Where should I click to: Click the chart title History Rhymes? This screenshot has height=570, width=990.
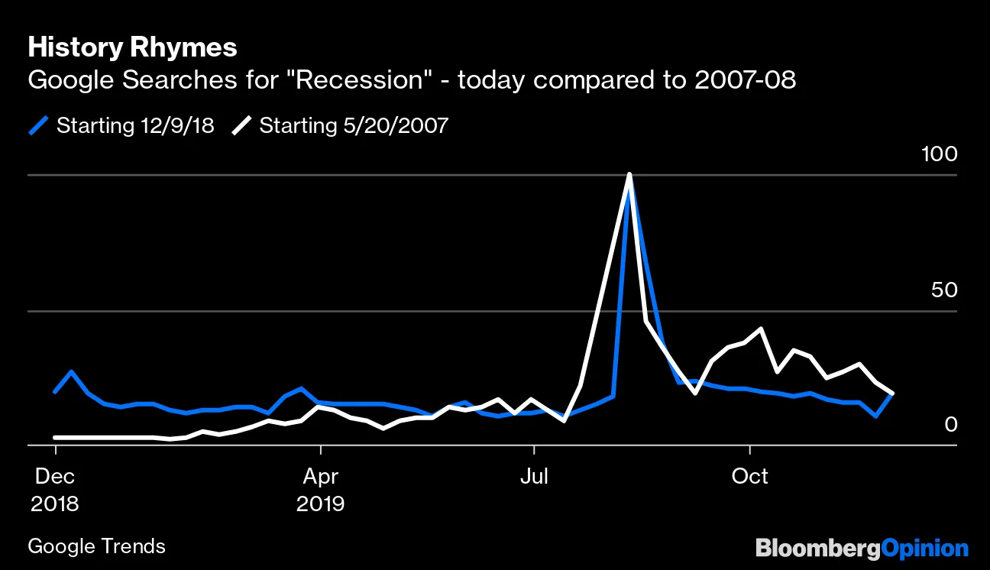tap(132, 48)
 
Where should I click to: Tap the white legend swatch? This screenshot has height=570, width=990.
tap(242, 125)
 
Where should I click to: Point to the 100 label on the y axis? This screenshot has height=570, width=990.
tap(939, 155)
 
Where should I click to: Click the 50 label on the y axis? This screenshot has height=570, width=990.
tap(943, 291)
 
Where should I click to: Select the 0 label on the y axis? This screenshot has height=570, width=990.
tap(950, 424)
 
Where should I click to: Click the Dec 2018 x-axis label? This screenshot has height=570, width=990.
tap(56, 490)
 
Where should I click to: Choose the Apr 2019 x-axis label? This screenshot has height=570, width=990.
tap(321, 490)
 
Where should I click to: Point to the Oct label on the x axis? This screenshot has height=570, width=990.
tap(750, 476)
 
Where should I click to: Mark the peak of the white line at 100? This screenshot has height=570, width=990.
tap(629, 175)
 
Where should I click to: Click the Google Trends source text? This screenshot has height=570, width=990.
tap(96, 546)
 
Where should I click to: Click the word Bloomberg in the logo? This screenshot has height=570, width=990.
tap(817, 549)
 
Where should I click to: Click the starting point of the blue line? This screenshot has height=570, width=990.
tap(55, 392)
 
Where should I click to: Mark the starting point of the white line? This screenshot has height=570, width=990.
tap(55, 438)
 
